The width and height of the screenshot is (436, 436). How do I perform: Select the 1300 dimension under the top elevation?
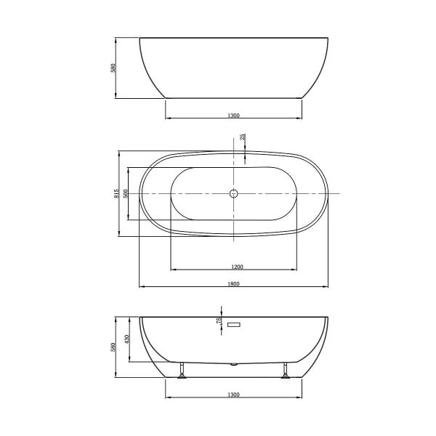(x=233, y=115)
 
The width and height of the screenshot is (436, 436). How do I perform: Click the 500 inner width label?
(x=126, y=193)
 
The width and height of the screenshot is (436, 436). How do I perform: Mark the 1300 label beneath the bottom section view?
(x=233, y=395)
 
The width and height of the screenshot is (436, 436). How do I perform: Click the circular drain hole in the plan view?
(x=233, y=194)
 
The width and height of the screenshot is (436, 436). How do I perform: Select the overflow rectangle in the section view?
(x=234, y=324)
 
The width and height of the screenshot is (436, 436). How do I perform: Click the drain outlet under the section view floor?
(x=233, y=363)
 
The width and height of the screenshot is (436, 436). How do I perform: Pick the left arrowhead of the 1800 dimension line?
(x=142, y=286)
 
